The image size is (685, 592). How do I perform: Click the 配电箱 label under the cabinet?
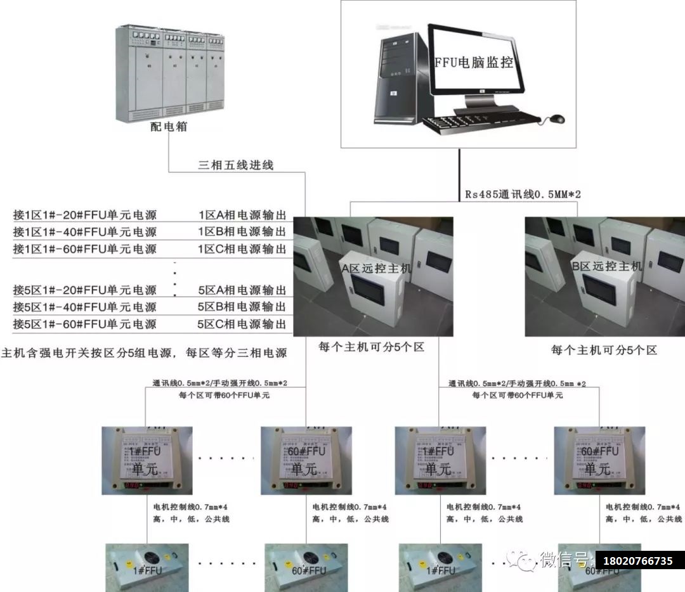[168, 127]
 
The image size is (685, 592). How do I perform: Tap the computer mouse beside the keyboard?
[556, 119]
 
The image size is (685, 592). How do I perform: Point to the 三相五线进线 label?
[235, 165]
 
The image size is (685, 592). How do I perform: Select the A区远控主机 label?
[376, 268]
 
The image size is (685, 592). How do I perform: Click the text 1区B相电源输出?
[242, 232]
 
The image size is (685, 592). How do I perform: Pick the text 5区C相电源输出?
[242, 325]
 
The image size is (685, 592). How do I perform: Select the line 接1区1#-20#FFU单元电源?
[85, 215]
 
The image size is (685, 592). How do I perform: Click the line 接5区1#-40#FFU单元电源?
[85, 307]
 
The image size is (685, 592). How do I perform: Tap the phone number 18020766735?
[639, 561]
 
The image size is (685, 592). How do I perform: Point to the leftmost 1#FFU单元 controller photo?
[148, 461]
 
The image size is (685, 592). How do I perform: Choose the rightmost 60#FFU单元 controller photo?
[599, 461]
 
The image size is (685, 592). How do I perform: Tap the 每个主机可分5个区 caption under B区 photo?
[604, 350]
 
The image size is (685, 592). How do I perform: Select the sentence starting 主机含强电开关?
[144, 353]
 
